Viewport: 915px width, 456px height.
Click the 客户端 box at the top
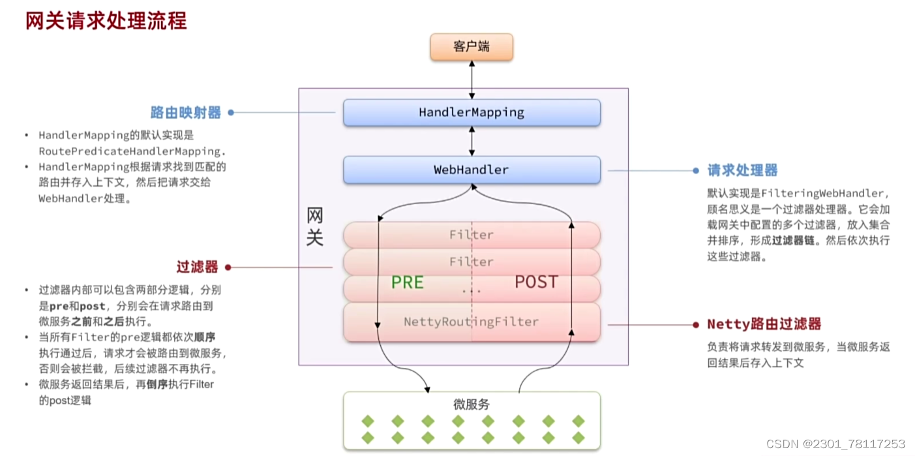tap(472, 48)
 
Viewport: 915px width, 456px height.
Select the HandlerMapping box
tap(472, 112)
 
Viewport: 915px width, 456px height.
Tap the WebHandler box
tap(472, 170)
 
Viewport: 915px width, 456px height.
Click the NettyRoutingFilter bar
tap(472, 322)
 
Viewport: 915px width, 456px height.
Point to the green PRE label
tap(408, 282)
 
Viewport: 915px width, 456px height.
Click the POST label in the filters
tap(536, 282)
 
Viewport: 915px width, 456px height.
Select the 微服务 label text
tap(472, 404)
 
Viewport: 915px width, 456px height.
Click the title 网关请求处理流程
tap(106, 21)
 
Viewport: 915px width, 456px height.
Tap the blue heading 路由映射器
tap(186, 112)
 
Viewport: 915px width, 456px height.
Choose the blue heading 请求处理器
tap(743, 170)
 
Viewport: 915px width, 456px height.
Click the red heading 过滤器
tap(197, 267)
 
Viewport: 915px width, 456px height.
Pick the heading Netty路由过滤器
tap(764, 324)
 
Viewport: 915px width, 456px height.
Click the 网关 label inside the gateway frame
tap(315, 227)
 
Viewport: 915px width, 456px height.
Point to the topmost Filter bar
tap(472, 234)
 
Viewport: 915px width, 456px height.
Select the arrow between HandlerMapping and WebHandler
tap(472, 141)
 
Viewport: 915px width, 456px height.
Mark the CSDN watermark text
tap(835, 444)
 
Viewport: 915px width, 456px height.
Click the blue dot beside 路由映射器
tap(230, 112)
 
